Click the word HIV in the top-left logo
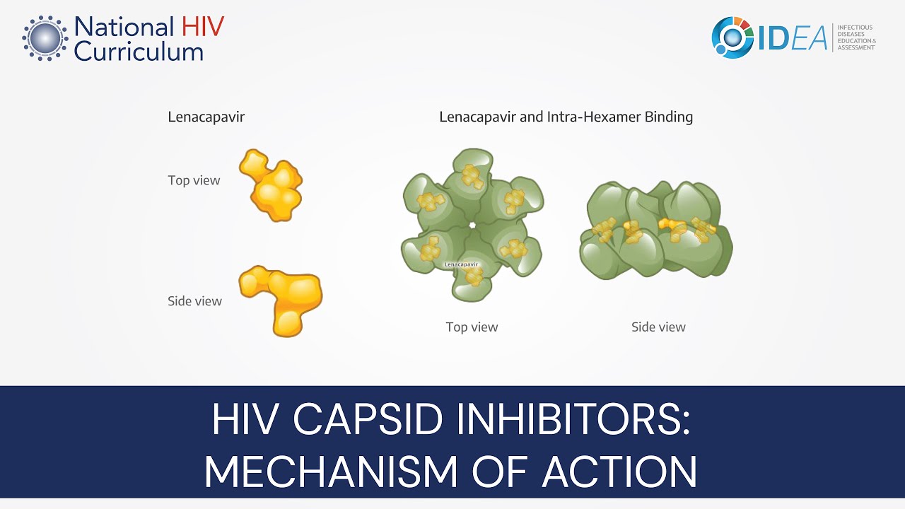point(202,27)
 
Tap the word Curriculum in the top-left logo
point(139,51)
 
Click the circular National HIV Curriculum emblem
point(45,37)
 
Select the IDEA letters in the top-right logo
point(793,38)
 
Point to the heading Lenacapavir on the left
point(206,117)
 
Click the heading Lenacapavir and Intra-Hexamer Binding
point(566,117)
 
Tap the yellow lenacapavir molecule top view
point(272,185)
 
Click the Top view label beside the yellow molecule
point(194,180)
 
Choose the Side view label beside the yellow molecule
point(194,301)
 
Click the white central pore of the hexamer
point(472,226)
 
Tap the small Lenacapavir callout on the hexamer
point(461,264)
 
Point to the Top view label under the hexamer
point(472,327)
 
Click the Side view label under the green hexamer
point(658,327)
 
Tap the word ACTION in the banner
point(619,471)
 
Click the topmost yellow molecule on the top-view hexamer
point(472,176)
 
